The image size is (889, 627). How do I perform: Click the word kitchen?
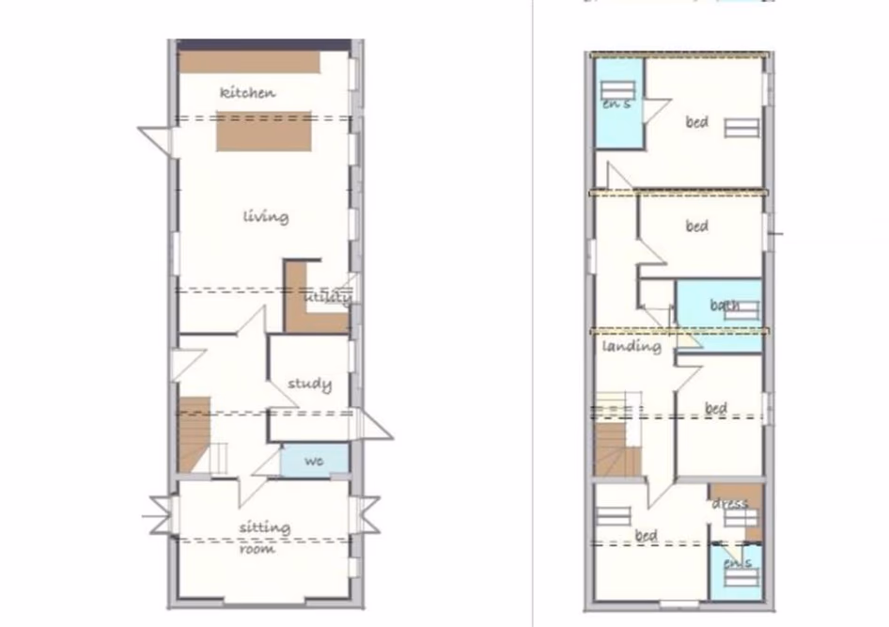pyautogui.click(x=247, y=92)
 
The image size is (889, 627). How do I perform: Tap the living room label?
pyautogui.click(x=266, y=216)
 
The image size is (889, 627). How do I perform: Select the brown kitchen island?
pyautogui.click(x=264, y=131)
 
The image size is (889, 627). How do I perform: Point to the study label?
pyautogui.click(x=309, y=384)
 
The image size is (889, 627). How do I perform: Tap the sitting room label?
pyautogui.click(x=264, y=537)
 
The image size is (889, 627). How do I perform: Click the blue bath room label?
pyautogui.click(x=725, y=305)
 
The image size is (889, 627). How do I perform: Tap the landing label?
pyautogui.click(x=632, y=346)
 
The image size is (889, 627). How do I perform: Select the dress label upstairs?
pyautogui.click(x=729, y=504)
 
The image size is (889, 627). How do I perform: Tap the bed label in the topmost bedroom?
pyautogui.click(x=696, y=121)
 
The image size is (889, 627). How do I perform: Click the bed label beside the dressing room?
pyautogui.click(x=646, y=536)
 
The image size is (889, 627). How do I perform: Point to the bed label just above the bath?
pyautogui.click(x=696, y=226)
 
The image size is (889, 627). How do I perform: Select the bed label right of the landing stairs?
pyautogui.click(x=716, y=408)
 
